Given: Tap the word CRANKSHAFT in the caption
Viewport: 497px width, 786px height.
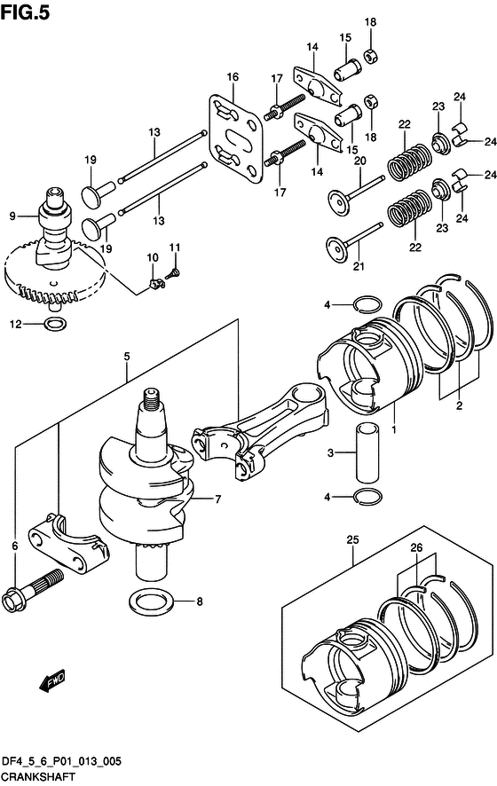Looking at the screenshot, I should pos(38,776).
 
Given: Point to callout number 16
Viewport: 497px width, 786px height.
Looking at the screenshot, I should pos(232,77).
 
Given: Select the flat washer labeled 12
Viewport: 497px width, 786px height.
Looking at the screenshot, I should pos(52,324).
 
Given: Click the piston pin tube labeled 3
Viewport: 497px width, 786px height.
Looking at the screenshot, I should pos(369,452).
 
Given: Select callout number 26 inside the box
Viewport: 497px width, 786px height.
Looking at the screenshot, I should pos(417,549).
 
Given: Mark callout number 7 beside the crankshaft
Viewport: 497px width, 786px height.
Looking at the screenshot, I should pos(216,499).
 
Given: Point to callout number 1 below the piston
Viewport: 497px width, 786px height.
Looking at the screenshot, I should pos(393,430).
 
